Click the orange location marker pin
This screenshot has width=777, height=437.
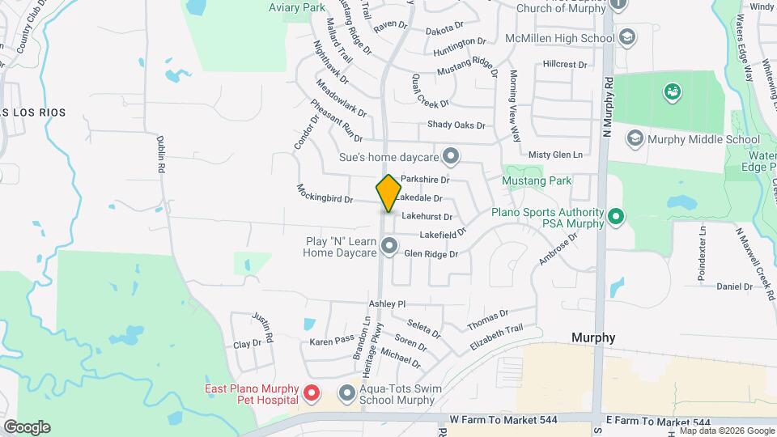(389, 193)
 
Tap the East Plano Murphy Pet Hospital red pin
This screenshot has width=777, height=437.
(312, 394)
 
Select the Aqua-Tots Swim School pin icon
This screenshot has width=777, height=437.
(347, 394)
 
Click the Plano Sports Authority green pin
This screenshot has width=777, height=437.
(616, 216)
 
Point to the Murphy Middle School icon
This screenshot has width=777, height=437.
(636, 139)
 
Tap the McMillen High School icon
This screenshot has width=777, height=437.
(626, 37)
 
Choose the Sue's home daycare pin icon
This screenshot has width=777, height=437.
(452, 154)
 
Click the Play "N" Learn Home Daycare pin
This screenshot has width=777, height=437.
(389, 245)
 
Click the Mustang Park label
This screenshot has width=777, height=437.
(537, 180)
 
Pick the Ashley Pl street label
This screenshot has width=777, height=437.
(386, 303)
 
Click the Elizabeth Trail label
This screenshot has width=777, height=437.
(496, 337)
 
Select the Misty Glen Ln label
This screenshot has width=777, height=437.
(554, 155)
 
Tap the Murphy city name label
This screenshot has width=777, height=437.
(593, 337)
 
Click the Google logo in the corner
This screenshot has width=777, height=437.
(27, 426)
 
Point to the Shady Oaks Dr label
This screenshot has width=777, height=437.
(456, 125)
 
